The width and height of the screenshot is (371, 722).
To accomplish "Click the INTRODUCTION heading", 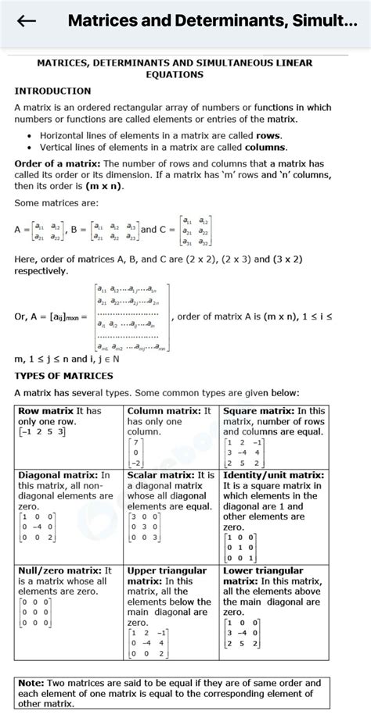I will point(52,91).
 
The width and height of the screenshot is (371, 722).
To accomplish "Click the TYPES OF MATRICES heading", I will point(63,375).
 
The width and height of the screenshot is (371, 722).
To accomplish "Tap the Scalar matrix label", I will point(160,474).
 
